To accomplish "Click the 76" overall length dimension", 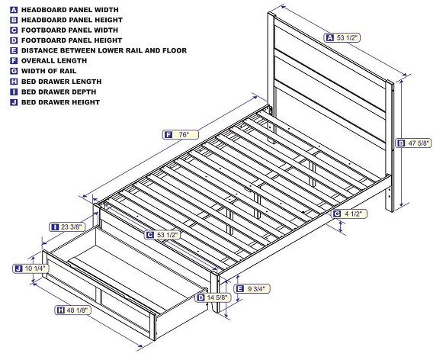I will click(x=184, y=134).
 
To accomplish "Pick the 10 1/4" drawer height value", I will click(x=36, y=268).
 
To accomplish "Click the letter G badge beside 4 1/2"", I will click(x=337, y=214).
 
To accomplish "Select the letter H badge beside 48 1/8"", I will click(x=59, y=310).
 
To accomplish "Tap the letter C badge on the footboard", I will click(x=150, y=235).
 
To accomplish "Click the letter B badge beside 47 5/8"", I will click(x=401, y=142).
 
